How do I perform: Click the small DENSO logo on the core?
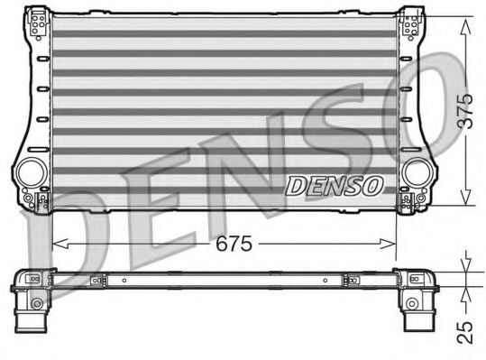pyautogui.click(x=335, y=185)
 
